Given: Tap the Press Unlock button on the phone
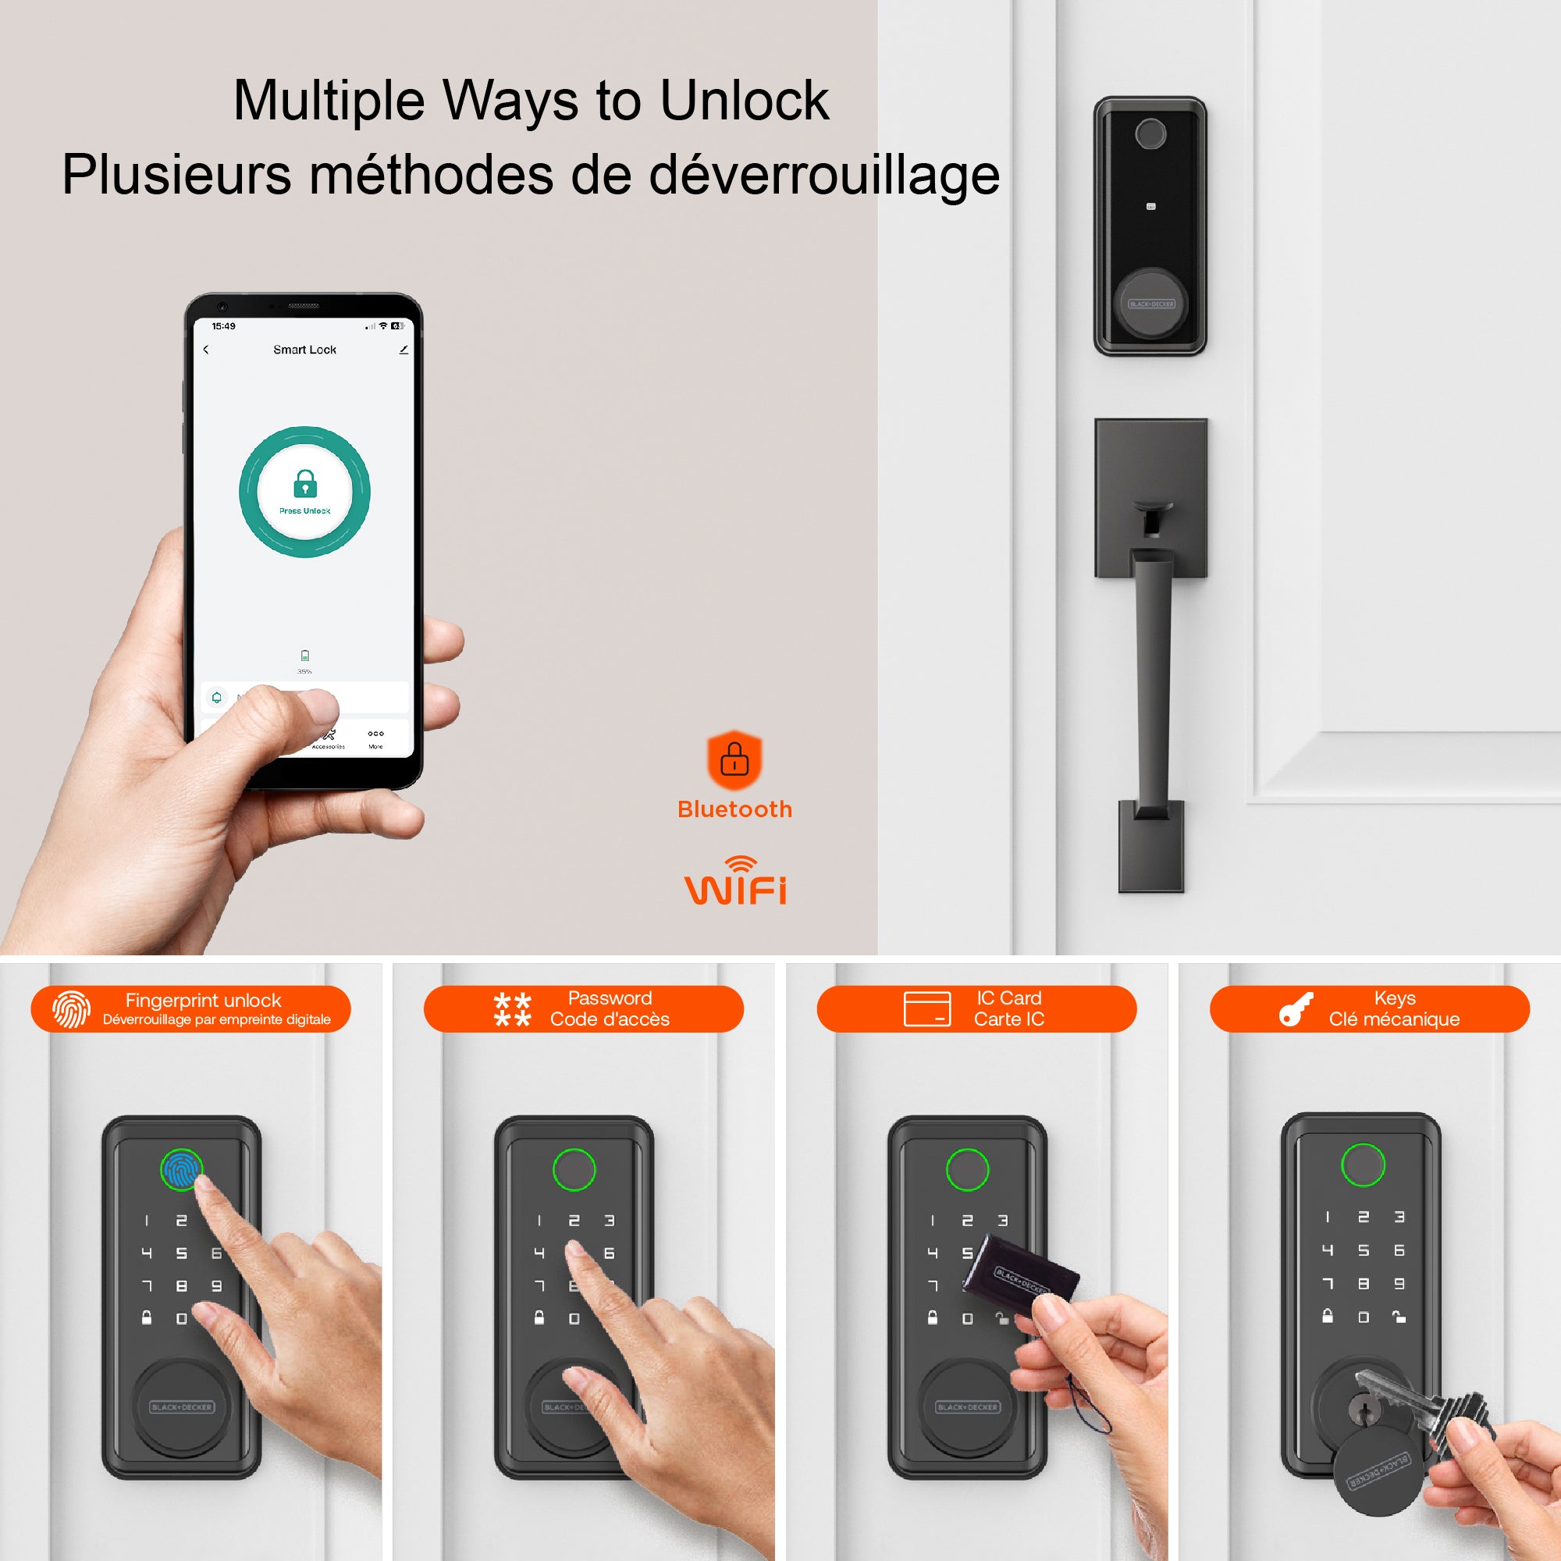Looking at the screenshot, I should coord(304,491).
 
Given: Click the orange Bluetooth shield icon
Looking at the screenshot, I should coord(734,759).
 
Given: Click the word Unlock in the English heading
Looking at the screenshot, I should coord(744,101).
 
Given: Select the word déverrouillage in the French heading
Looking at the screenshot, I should coord(824,175).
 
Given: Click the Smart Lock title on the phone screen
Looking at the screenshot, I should coord(304,350).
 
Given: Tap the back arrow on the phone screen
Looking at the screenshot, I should coord(206,350).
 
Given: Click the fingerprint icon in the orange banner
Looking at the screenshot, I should coord(71,1009).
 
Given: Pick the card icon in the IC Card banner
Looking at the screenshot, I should coord(926,1009).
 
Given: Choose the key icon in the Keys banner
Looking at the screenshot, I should coord(1296,1009).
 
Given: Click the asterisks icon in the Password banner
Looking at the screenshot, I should coord(512,1009).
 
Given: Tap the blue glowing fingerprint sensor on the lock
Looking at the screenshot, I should coord(181,1169).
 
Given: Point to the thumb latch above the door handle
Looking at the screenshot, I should coord(1150,514).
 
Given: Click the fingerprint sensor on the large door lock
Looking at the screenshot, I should coord(1150,134).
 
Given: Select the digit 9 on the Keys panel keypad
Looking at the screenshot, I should coord(1399,1283).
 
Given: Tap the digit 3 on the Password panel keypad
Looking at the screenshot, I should coord(610,1221).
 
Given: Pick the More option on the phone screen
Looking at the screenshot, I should coord(375,738).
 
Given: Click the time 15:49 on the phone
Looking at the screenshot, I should coord(224,326).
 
